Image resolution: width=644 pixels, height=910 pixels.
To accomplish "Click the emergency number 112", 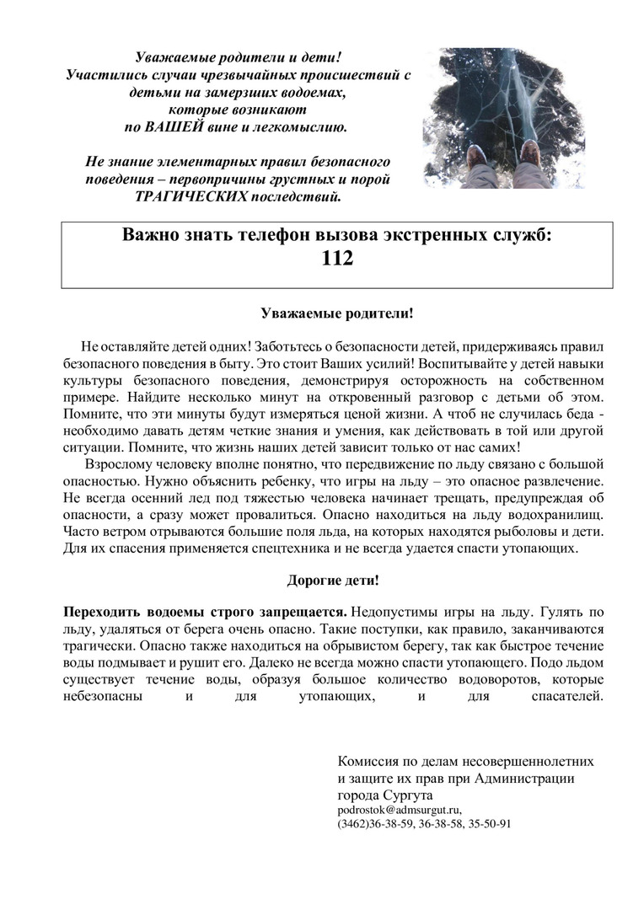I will pos(337,260).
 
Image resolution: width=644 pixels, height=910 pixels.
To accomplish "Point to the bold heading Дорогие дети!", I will pos(333,581).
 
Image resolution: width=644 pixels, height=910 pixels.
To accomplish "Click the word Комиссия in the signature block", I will pos(368,761).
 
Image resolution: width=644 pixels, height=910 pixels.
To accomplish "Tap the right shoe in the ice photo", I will pos(531,153).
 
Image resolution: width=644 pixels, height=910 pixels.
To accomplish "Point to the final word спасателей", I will pos(567,696).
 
